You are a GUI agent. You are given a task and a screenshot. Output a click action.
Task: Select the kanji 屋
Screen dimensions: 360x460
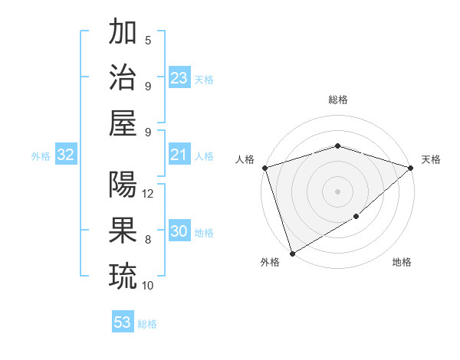click(123, 122)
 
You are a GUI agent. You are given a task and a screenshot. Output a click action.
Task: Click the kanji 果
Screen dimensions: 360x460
click(123, 229)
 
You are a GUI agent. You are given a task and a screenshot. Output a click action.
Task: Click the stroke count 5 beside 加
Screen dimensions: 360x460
click(148, 40)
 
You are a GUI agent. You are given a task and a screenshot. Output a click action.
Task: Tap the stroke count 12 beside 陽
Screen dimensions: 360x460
click(149, 193)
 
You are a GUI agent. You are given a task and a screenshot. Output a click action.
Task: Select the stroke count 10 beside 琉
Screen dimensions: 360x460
click(148, 285)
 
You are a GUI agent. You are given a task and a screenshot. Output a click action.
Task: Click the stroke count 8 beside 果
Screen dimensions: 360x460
click(148, 239)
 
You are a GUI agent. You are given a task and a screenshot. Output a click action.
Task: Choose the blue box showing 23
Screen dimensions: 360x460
click(179, 78)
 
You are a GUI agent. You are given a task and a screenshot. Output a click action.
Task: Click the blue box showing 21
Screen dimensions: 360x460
click(179, 155)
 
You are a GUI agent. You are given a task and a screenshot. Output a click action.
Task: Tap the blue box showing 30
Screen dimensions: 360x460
click(179, 232)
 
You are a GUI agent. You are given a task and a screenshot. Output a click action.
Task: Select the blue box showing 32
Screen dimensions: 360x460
click(66, 155)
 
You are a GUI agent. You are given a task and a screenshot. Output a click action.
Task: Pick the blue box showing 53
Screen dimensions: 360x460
click(123, 322)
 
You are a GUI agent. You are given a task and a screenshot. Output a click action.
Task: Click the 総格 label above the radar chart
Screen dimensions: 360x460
click(337, 100)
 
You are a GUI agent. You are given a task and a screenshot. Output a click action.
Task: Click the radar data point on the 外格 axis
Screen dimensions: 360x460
click(292, 253)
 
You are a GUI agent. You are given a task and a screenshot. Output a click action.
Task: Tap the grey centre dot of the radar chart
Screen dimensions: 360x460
click(337, 191)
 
